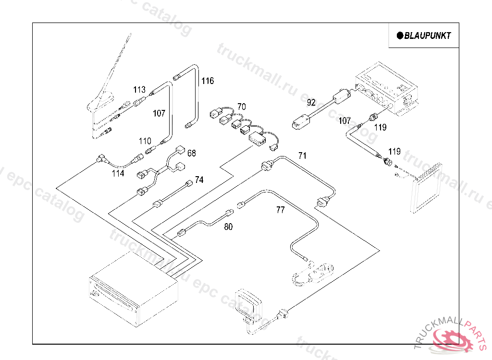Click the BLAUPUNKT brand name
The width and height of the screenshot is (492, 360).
[x=427, y=36]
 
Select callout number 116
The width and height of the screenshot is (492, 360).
[x=208, y=81]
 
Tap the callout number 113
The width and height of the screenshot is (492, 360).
[x=139, y=89]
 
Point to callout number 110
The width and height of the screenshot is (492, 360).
[x=145, y=141]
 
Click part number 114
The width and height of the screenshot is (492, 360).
[x=118, y=173]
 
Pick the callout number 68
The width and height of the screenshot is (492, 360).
[x=192, y=153]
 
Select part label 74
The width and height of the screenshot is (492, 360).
[x=199, y=180]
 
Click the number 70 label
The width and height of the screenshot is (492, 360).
[x=241, y=106]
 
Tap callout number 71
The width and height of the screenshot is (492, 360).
[x=302, y=156]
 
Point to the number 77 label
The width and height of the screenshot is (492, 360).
[x=281, y=209]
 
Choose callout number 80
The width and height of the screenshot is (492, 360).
[x=228, y=227]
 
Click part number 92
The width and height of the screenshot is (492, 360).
[x=311, y=102]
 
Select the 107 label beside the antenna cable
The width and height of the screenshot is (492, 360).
[x=159, y=113]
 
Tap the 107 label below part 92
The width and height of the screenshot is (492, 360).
[x=344, y=121]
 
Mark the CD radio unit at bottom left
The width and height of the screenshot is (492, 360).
[x=132, y=290]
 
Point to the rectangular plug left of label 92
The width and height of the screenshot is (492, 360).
[x=302, y=122]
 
